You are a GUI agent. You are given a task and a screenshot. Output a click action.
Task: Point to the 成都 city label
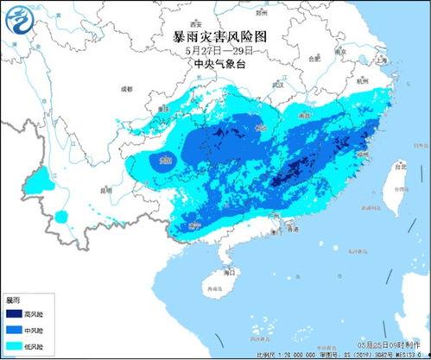pyautogui.click(x=127, y=89)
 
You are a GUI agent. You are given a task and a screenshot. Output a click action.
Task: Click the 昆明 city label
pyautogui.click(x=105, y=190)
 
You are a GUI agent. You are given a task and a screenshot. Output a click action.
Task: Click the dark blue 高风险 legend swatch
pyautogui.click(x=16, y=316)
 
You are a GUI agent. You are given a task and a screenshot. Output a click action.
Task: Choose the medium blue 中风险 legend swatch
pyautogui.click(x=16, y=330)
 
